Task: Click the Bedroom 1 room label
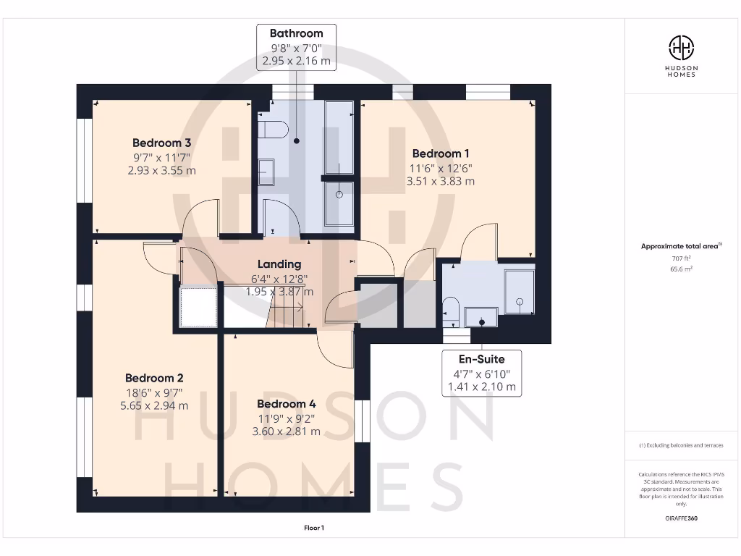pos(441,153)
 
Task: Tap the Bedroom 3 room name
pos(161,143)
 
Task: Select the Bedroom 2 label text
pos(154,378)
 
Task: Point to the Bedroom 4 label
pos(286,404)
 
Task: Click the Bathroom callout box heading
pos(296,33)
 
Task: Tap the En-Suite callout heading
pos(481,359)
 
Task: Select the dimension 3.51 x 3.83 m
pos(441,181)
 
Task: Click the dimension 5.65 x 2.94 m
pos(154,405)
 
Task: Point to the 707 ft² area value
pos(681,258)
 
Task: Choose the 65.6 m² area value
pos(681,268)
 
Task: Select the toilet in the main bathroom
pos(273,130)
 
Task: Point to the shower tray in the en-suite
pos(519,292)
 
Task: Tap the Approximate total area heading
pos(681,246)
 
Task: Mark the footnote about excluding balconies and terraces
pos(681,445)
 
